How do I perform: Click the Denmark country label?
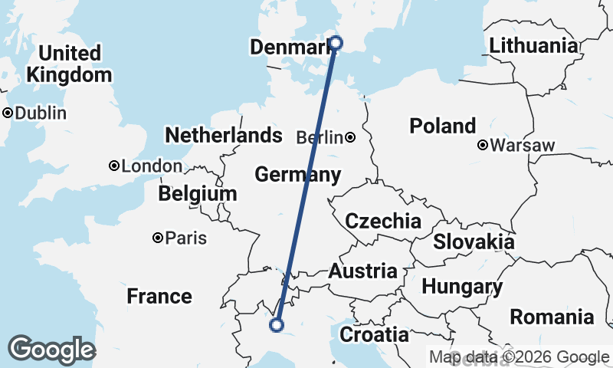[x=290, y=48]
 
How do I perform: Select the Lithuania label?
[x=533, y=45]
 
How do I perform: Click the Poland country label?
[x=442, y=126]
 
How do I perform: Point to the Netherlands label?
[x=224, y=136]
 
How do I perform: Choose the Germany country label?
[x=297, y=175]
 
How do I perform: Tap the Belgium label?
[x=198, y=194]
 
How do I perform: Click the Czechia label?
[x=382, y=222]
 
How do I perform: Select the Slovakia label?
[x=474, y=242]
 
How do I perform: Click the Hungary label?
[x=462, y=287]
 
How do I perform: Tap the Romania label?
[x=552, y=316]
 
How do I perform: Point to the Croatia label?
[x=374, y=334]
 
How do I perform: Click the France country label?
[x=159, y=296]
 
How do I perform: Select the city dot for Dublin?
[x=8, y=113]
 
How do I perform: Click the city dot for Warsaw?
[x=484, y=145]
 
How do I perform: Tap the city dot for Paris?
[x=158, y=238]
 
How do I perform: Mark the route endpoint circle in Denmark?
[x=335, y=42]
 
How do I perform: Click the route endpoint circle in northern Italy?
[x=277, y=326]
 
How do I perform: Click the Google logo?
[x=51, y=350]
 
